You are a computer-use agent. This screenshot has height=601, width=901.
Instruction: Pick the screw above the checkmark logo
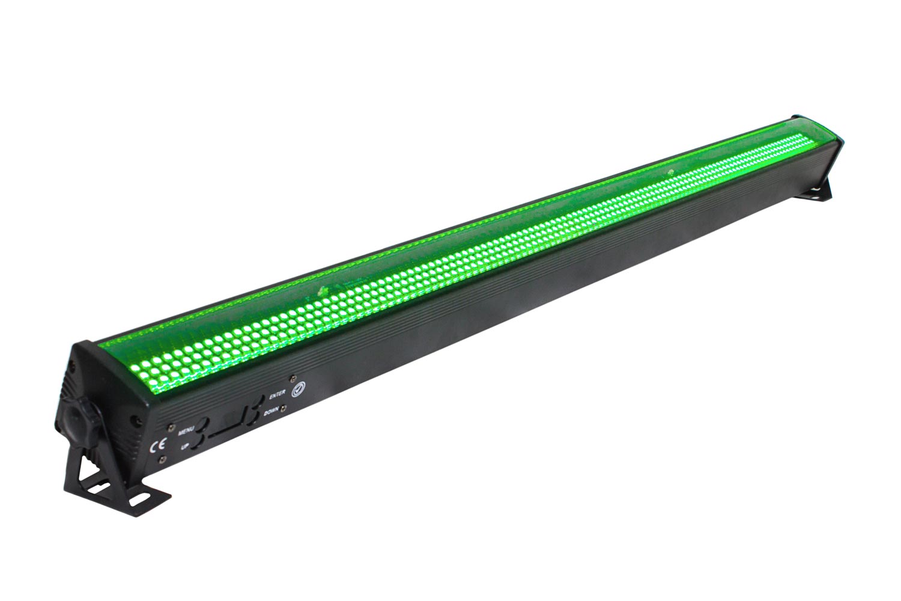point(294,377)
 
